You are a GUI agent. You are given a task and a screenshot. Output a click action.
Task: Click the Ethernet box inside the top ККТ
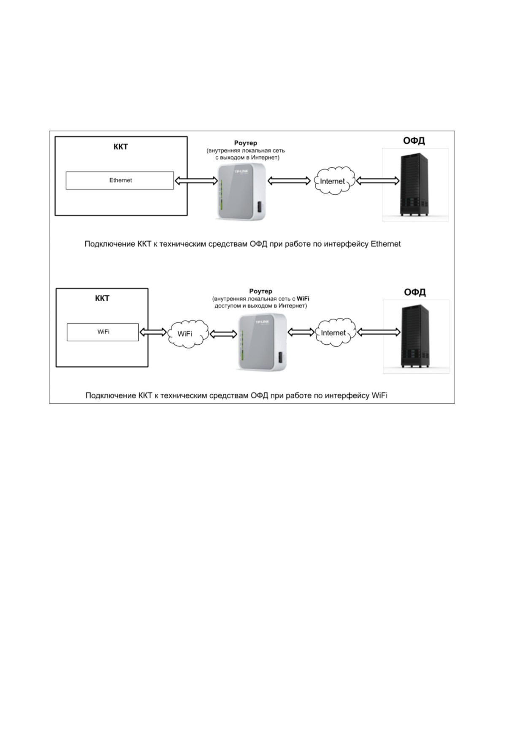(120, 180)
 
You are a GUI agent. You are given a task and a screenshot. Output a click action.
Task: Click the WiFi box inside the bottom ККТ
(103, 332)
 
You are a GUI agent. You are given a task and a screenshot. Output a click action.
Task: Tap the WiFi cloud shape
(188, 334)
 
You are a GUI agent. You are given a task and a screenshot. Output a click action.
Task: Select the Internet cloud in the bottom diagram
(335, 332)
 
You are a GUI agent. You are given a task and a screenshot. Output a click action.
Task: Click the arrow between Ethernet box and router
(196, 181)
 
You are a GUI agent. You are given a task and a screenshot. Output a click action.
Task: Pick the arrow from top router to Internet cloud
(289, 181)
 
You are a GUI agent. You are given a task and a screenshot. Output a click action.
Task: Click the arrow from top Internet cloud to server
(378, 181)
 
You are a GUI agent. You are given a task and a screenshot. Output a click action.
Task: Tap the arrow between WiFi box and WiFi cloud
(153, 332)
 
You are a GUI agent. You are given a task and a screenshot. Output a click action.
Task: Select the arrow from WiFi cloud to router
(223, 334)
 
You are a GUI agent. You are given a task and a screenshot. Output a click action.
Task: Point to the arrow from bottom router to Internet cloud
(301, 332)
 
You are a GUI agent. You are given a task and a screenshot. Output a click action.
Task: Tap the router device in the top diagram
(241, 192)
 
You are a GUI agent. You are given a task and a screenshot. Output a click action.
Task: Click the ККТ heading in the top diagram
(120, 147)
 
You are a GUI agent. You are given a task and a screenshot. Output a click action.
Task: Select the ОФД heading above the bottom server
(415, 292)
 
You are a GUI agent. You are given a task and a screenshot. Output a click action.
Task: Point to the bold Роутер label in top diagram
(246, 143)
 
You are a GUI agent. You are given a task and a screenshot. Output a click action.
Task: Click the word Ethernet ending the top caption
(385, 244)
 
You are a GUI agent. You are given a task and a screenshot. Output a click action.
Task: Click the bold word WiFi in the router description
(303, 299)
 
